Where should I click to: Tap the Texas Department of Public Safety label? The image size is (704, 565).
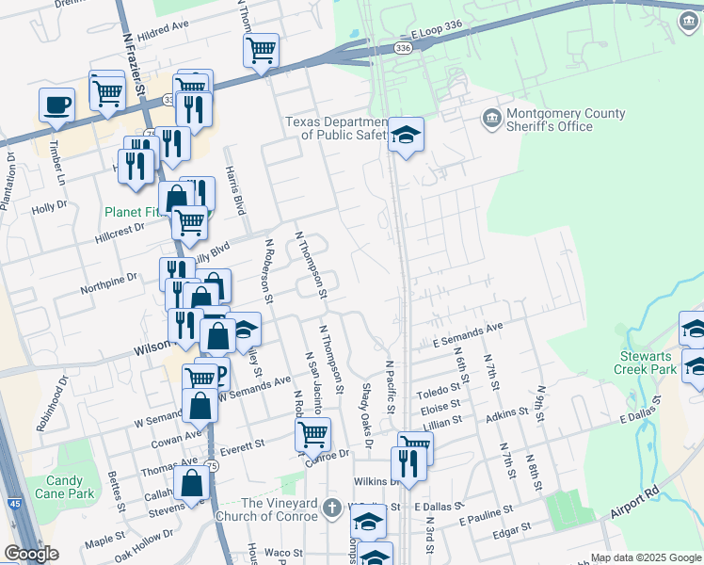click(x=337, y=128)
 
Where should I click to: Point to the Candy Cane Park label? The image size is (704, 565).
click(x=65, y=487)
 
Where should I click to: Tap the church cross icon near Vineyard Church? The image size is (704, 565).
click(x=330, y=508)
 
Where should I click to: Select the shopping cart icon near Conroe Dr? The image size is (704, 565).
click(x=312, y=434)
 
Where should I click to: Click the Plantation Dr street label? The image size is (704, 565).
click(x=10, y=182)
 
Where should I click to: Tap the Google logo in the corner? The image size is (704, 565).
click(x=31, y=554)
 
